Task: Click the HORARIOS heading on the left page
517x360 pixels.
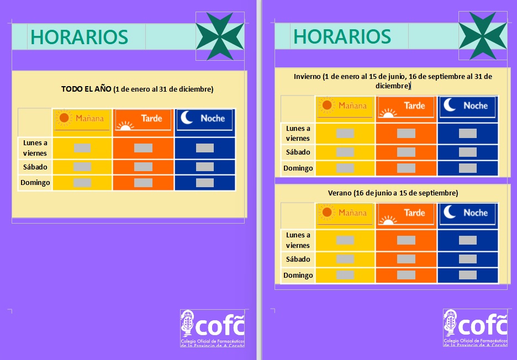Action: [79, 37]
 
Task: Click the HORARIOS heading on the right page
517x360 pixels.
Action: [342, 36]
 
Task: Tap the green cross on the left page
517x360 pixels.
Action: [220, 36]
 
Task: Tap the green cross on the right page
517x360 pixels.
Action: [483, 35]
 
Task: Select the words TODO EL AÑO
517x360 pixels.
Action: [86, 89]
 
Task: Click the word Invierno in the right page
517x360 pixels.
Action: [307, 77]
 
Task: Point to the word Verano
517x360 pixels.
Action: [339, 193]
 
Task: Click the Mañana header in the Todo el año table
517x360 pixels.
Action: [82, 119]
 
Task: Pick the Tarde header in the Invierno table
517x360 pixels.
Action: [406, 107]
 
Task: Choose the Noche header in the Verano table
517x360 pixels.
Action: [467, 214]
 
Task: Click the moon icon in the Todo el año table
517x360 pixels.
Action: [187, 118]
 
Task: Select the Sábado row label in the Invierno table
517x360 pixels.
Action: [298, 152]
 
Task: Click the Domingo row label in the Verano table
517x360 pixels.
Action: [298, 276]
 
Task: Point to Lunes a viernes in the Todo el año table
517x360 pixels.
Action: [35, 148]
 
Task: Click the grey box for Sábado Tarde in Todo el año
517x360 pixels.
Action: [143, 167]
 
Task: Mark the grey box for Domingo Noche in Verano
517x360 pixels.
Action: [467, 275]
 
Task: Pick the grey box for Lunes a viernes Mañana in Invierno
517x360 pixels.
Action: [345, 133]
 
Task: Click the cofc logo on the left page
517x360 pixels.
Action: [212, 329]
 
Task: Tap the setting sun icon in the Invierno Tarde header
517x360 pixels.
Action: [388, 113]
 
